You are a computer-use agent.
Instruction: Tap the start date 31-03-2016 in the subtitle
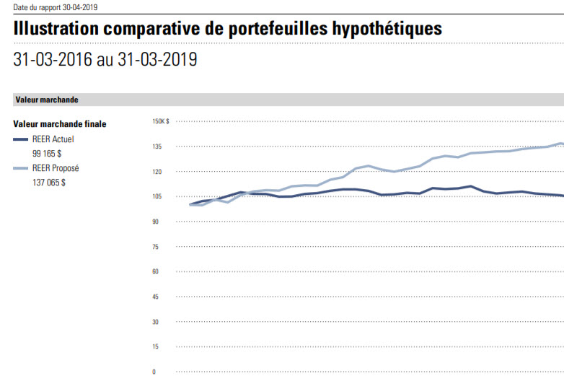point(53,60)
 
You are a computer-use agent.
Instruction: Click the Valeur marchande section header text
point(46,100)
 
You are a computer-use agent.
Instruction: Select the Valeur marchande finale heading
point(60,124)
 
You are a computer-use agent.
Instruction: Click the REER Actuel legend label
point(53,139)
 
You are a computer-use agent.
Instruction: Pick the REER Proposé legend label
point(56,168)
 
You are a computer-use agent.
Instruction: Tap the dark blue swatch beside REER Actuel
point(21,139)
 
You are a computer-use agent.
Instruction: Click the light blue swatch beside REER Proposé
point(21,168)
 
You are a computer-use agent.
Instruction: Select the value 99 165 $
point(47,154)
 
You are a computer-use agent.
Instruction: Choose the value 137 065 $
point(49,183)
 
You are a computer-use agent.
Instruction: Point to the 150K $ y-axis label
point(161,121)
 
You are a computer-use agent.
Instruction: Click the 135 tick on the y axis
point(157,147)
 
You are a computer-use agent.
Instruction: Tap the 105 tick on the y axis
point(157,196)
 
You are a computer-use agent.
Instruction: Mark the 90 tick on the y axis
point(156,222)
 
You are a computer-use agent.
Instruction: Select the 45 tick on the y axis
point(156,297)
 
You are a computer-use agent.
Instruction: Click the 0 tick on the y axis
point(154,372)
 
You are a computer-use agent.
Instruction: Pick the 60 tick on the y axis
point(156,271)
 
